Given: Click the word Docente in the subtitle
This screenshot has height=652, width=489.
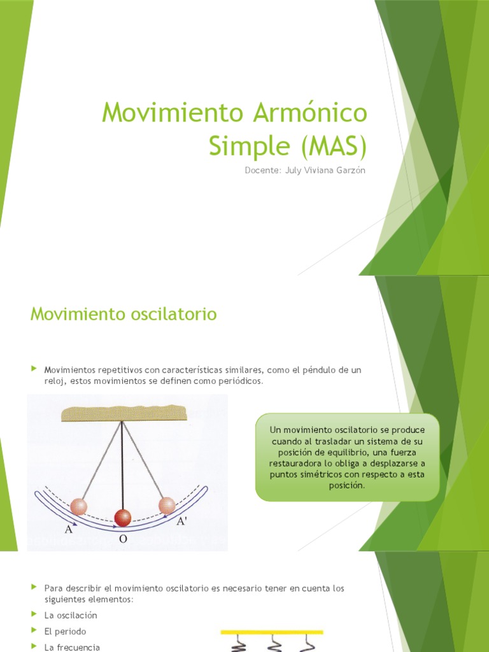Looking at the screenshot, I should tap(262, 169).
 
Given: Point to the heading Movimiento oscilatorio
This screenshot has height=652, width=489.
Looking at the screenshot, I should tap(124, 314).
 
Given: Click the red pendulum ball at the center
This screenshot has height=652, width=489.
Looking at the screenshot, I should tap(122, 517).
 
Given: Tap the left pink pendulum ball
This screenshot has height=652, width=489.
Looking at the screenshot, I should tap(78, 507).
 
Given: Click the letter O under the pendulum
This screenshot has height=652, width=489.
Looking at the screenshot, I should tap(123, 539).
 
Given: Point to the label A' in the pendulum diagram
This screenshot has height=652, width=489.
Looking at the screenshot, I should tap(181, 521).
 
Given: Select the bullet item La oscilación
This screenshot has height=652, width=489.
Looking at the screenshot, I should tap(70, 615).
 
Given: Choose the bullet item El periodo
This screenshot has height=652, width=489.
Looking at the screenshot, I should tap(65, 631).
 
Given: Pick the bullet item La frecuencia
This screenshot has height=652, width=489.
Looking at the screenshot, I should tap(72, 647).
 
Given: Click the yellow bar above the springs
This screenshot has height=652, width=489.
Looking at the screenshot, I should tap(272, 632).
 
